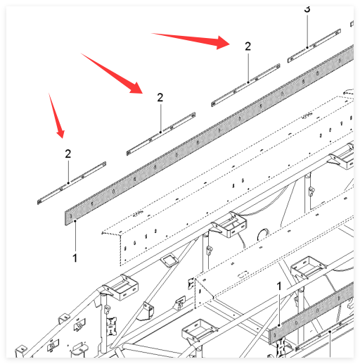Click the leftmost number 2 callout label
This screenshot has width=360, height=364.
pos(68,154)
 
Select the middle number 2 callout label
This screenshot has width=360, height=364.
pos(160,97)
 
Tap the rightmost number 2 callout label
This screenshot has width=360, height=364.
pos(247,46)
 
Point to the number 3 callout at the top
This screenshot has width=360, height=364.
pos(307,9)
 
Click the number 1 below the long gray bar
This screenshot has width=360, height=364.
pos(75,258)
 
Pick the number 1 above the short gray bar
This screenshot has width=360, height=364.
pos(279,287)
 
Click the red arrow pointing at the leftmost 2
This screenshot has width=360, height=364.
pos(56,115)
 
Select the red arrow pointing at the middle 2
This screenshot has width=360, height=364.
pos(112,73)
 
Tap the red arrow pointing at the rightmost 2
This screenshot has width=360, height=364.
pos(191,40)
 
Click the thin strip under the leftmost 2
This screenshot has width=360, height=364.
pos(72,183)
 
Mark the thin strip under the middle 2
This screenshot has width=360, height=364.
pos(161,134)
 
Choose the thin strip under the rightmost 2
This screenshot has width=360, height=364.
pos(245,85)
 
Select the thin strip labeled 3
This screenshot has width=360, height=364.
pos(314,46)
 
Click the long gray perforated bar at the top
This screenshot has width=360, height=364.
pos(210,135)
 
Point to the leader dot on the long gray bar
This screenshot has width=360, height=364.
pos(75,220)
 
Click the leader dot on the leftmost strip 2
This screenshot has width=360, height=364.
pos(68,183)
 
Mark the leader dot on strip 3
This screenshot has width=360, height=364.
pos(307,48)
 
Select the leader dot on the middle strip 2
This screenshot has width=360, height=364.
pos(160,132)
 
